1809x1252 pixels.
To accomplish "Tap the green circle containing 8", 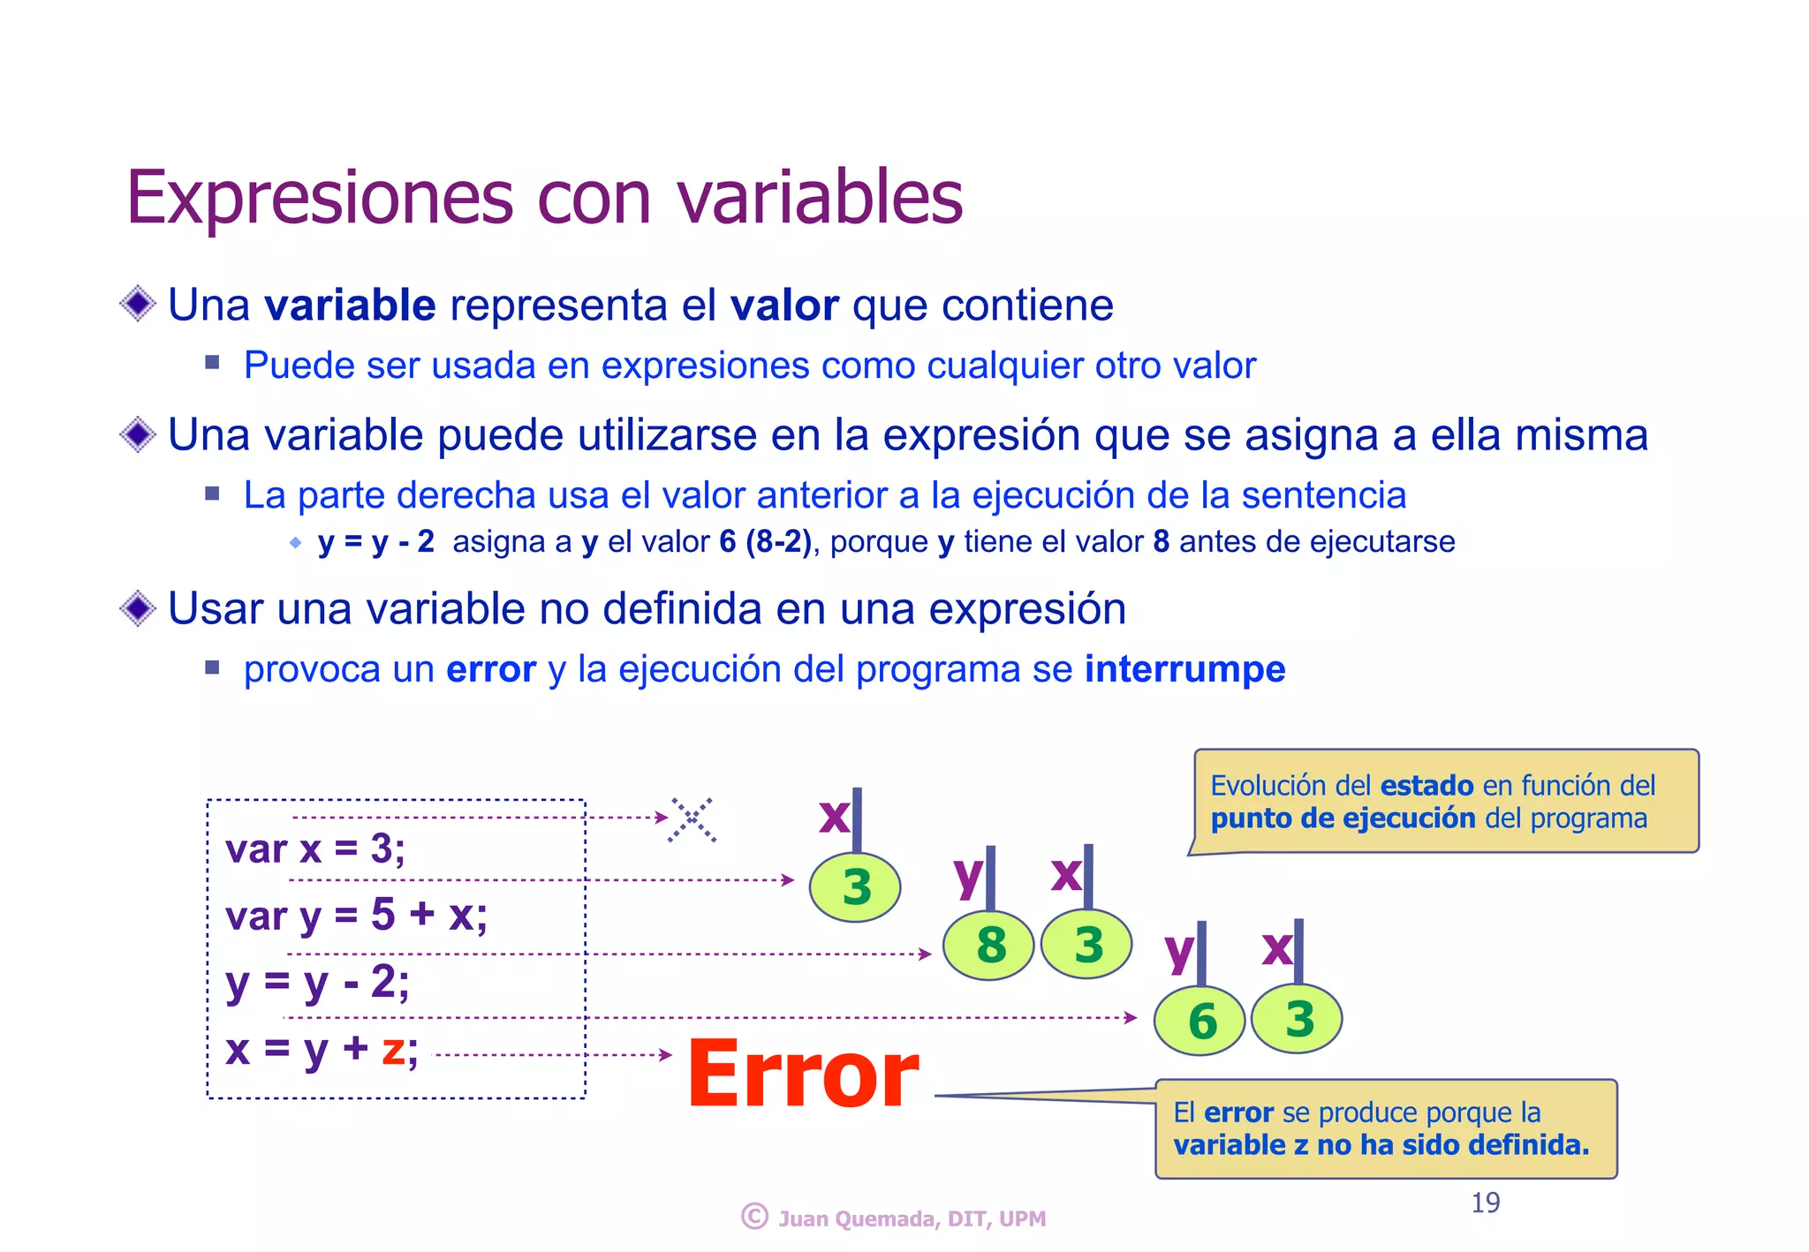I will pos(989,946).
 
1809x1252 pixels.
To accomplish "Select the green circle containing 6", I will pos(1200,1021).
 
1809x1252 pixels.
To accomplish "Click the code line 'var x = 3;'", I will pos(315,849).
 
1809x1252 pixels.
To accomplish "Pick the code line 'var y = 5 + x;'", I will pos(356,915).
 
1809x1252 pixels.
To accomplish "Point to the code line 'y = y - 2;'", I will pos(317,982).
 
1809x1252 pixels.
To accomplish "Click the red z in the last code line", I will pos(393,1049).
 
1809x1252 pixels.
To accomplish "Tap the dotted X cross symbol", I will pos(693,819).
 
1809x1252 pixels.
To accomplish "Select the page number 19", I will pos(1485,1203).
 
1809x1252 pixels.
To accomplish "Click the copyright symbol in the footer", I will pos(754,1217).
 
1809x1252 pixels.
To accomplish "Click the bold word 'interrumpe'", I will pos(1185,669).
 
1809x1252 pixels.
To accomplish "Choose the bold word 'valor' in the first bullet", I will pos(783,305).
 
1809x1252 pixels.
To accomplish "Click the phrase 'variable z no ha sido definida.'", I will pos(1381,1145).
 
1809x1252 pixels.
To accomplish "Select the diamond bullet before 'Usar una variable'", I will pos(138,608).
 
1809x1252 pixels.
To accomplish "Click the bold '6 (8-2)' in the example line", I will pos(765,541).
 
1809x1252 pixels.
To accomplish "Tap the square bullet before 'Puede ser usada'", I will pos(212,362).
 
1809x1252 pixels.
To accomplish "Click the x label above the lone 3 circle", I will pos(833,817).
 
